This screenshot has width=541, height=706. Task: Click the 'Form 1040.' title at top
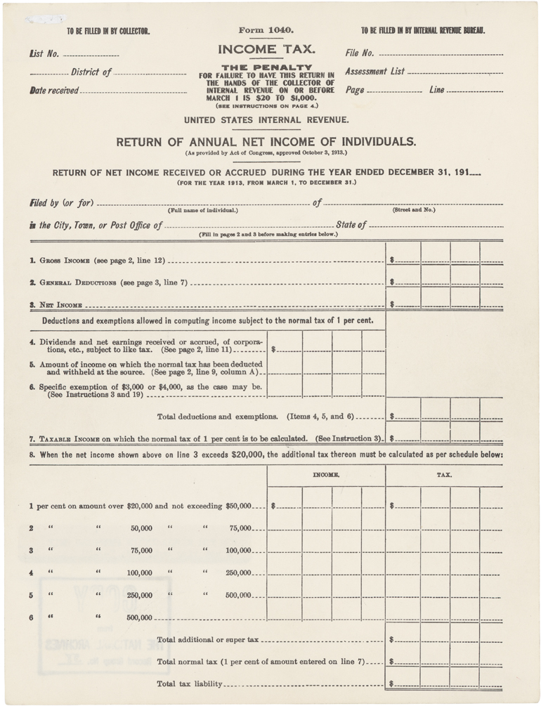pyautogui.click(x=266, y=30)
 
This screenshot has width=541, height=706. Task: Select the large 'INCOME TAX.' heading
pyautogui.click(x=266, y=50)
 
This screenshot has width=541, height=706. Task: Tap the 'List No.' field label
pyautogui.click(x=44, y=53)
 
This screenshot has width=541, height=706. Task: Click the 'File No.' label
pyautogui.click(x=359, y=53)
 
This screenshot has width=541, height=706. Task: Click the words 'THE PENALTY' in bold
pyautogui.click(x=266, y=67)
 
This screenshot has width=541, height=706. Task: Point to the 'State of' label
pyautogui.click(x=351, y=225)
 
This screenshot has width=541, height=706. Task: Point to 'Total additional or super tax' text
pyautogui.click(x=208, y=640)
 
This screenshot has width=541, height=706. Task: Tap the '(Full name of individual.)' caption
pyautogui.click(x=202, y=211)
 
